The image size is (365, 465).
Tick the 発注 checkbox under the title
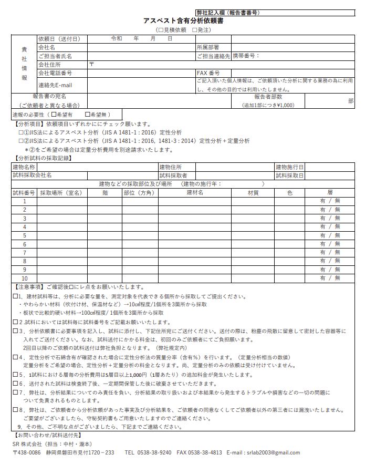point(195,29)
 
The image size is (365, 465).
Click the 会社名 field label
point(47,47)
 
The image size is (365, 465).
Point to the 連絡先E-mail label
point(55,85)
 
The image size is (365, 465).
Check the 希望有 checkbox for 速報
point(54,114)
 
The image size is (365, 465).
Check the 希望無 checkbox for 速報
point(87,114)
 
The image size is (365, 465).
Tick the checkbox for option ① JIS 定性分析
point(21,132)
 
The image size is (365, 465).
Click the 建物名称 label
point(24,167)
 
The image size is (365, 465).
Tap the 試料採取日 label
point(289,175)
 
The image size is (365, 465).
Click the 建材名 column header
point(195,193)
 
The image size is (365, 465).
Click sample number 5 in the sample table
point(25,235)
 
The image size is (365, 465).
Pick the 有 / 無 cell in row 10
point(330,278)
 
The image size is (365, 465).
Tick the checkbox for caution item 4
point(15,357)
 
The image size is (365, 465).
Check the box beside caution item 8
point(15,409)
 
